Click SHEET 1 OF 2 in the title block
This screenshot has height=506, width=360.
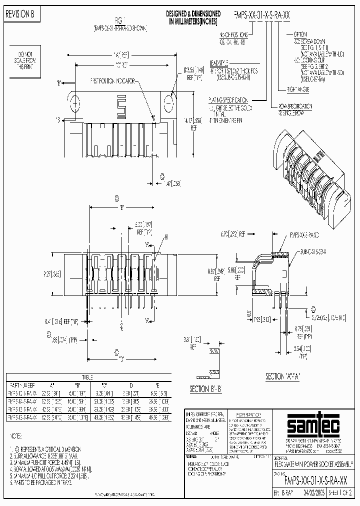click(339, 492)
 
